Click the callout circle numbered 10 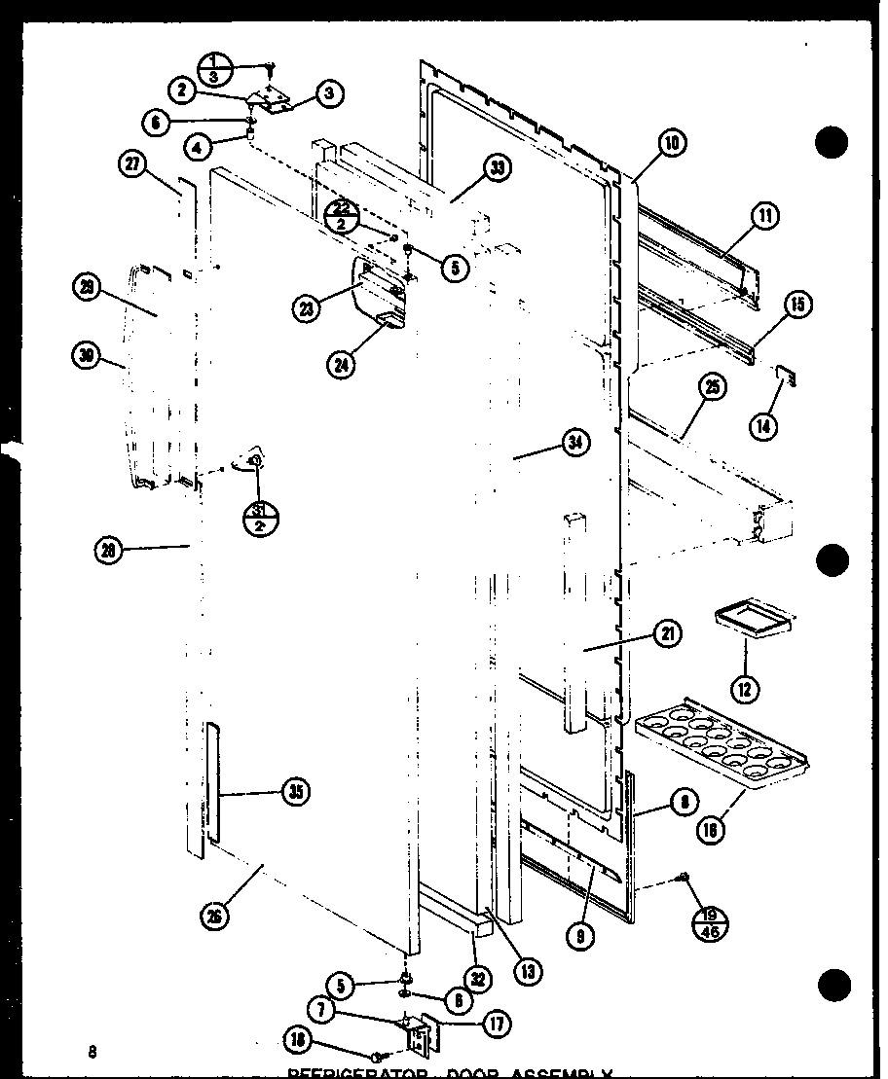(672, 144)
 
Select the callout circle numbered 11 (765, 216)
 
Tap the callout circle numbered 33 (497, 169)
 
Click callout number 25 (712, 389)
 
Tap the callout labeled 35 (294, 793)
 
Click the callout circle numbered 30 (85, 356)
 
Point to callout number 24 (342, 365)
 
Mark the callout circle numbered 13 (530, 970)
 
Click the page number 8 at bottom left (92, 1051)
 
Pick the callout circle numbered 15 (797, 306)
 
